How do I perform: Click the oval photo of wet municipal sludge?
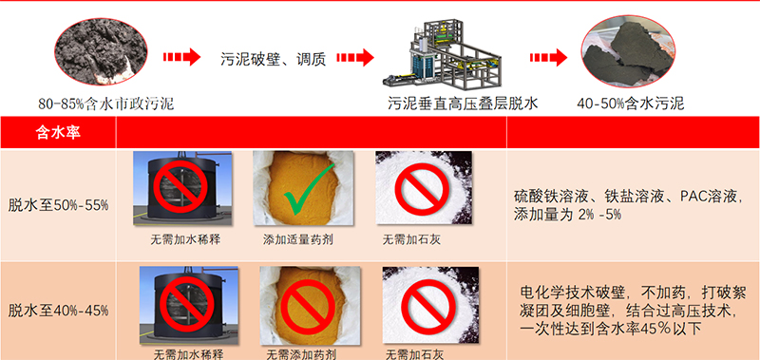102,50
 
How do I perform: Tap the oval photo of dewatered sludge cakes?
628,51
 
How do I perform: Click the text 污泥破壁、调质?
273,59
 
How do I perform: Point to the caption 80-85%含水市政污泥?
106,104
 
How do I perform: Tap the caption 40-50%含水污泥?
631,104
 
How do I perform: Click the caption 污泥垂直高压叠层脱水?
463,104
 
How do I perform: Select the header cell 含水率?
58,132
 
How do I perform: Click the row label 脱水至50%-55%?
59,205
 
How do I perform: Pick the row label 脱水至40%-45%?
59,310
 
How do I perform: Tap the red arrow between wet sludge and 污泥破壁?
181,57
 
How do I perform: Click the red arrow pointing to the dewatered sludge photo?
548,58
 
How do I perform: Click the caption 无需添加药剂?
301,354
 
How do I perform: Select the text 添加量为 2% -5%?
567,215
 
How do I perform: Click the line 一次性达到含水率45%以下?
611,329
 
